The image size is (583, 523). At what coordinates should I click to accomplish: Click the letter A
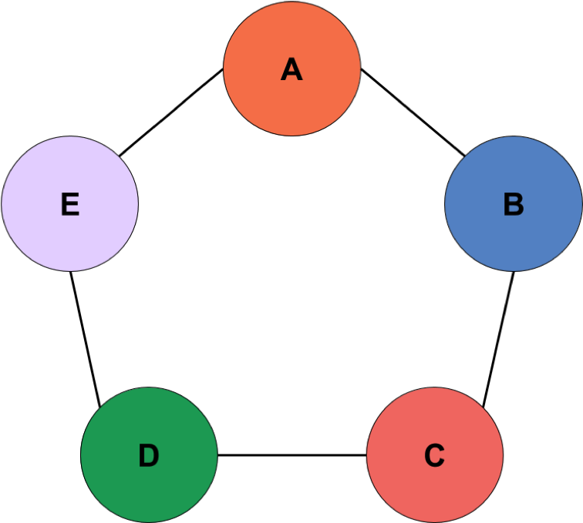click(291, 70)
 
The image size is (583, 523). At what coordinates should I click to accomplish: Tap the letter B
click(514, 205)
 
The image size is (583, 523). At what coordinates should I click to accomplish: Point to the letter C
click(434, 456)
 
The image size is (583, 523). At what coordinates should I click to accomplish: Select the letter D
click(149, 456)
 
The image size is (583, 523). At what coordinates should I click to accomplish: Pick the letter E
click(70, 205)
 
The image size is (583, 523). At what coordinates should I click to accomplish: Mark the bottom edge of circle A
click(291, 134)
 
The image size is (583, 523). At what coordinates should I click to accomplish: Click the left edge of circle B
click(447, 204)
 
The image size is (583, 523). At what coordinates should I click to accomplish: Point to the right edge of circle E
click(136, 204)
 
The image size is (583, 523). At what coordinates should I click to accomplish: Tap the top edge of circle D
click(149, 390)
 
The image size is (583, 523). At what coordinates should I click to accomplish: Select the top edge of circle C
click(434, 390)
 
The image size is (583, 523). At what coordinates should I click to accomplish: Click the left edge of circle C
click(369, 455)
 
